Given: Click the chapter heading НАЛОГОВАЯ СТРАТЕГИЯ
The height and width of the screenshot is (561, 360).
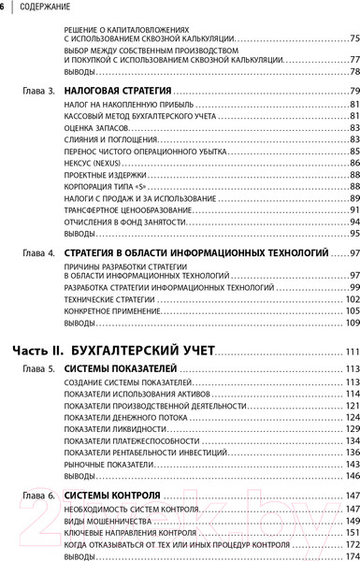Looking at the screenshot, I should [x=109, y=92].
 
